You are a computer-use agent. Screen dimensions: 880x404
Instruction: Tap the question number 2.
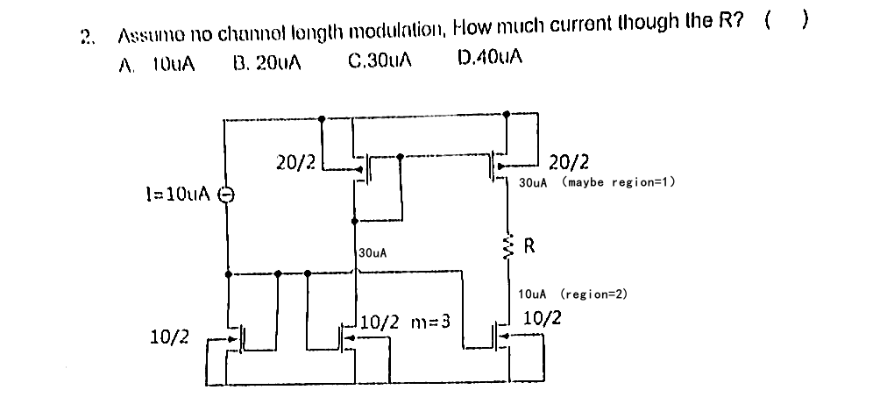[86, 36]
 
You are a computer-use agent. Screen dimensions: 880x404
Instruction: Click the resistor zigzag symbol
[506, 247]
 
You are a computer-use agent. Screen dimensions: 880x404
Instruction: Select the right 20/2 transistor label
[569, 162]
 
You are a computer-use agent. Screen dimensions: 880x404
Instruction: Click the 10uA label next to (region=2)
[534, 295]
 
